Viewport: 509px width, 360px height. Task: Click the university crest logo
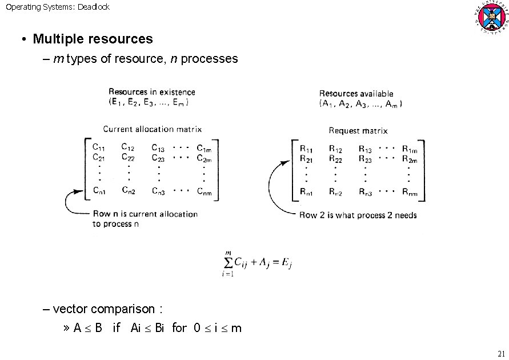[x=490, y=18]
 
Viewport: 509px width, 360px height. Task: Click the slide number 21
[x=502, y=352]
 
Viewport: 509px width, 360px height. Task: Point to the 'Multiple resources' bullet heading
[x=93, y=39]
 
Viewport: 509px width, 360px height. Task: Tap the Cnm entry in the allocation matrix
[x=204, y=191]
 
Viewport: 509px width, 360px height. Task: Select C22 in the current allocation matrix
[x=129, y=157]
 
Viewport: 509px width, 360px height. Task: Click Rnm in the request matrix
[x=410, y=193]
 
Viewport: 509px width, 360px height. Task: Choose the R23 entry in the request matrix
[x=366, y=159]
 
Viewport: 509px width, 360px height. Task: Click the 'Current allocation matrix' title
[x=152, y=129]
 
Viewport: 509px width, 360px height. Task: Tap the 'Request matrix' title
[x=358, y=130]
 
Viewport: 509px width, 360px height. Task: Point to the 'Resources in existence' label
[x=151, y=91]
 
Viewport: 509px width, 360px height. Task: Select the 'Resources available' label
[x=356, y=93]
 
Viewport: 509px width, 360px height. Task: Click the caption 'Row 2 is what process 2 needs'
[x=358, y=215]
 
